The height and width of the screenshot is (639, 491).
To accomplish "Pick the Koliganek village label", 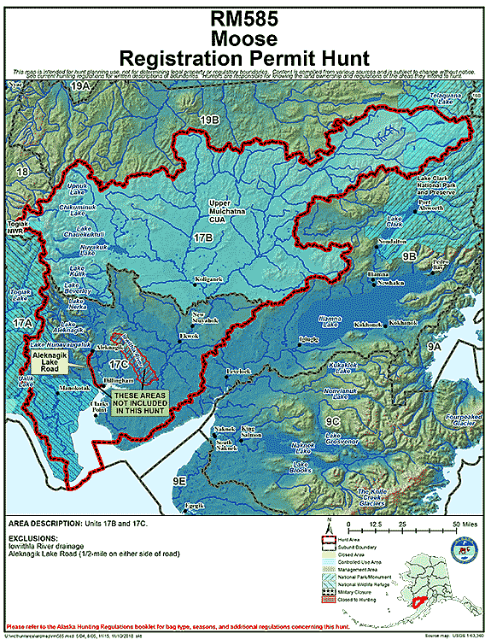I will [x=208, y=279].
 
